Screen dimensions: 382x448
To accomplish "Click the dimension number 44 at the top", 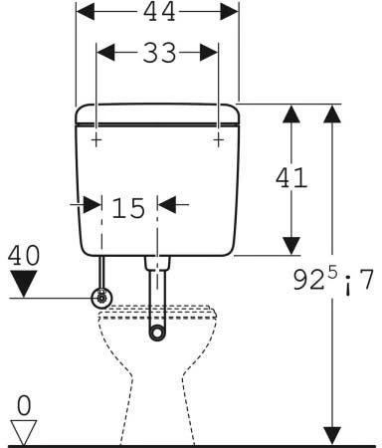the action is click(x=159, y=12).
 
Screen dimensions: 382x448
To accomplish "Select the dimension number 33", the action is click(x=159, y=53).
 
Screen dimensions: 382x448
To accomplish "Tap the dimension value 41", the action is click(x=291, y=177).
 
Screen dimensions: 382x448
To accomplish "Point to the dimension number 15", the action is click(x=128, y=208).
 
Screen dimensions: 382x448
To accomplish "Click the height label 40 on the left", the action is click(x=24, y=255).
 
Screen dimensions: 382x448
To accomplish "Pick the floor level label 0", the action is click(x=24, y=405).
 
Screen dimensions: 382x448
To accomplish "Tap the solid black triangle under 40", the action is click(x=24, y=284).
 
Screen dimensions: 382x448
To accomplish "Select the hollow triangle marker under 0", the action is click(x=24, y=433).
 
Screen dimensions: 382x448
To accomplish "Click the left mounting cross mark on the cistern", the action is click(x=96, y=140).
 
